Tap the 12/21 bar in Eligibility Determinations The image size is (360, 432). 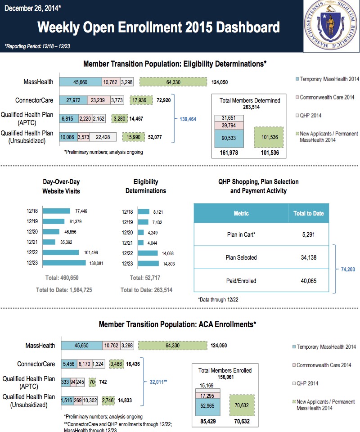(x=140, y=242)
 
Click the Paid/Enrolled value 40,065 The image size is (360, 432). (x=308, y=281)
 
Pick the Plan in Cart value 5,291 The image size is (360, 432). (x=308, y=234)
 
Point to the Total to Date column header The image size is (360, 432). (x=308, y=213)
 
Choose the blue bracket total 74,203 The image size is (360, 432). (x=348, y=269)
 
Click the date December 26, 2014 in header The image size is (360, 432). (x=31, y=8)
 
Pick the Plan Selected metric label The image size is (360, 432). (x=241, y=257)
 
